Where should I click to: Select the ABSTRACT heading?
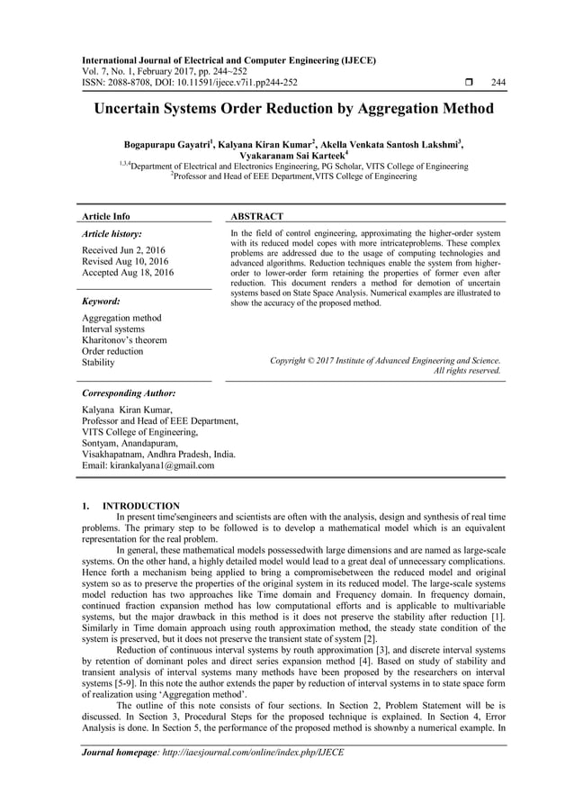[257, 216]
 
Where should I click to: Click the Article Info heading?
[106, 216]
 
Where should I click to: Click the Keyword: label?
[102, 302]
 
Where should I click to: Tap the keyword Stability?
[98, 363]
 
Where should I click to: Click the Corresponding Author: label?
[129, 394]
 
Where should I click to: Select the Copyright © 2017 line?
[385, 360]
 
